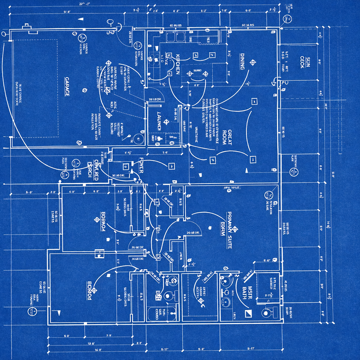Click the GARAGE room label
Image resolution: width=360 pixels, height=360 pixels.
click(x=67, y=86)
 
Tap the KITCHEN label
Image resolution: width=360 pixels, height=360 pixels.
click(x=178, y=64)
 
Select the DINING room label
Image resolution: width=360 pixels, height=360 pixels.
click(x=242, y=61)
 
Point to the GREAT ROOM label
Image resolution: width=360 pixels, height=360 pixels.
click(x=227, y=137)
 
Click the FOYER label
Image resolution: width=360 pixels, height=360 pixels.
click(x=141, y=165)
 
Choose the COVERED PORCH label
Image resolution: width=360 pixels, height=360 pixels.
click(x=93, y=171)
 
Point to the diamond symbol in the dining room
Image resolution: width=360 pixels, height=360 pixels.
click(x=252, y=63)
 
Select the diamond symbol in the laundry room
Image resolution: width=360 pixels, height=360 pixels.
click(x=166, y=122)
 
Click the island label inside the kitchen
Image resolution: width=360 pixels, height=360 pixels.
click(x=197, y=71)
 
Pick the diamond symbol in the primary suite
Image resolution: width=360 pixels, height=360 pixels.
click(x=235, y=229)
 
